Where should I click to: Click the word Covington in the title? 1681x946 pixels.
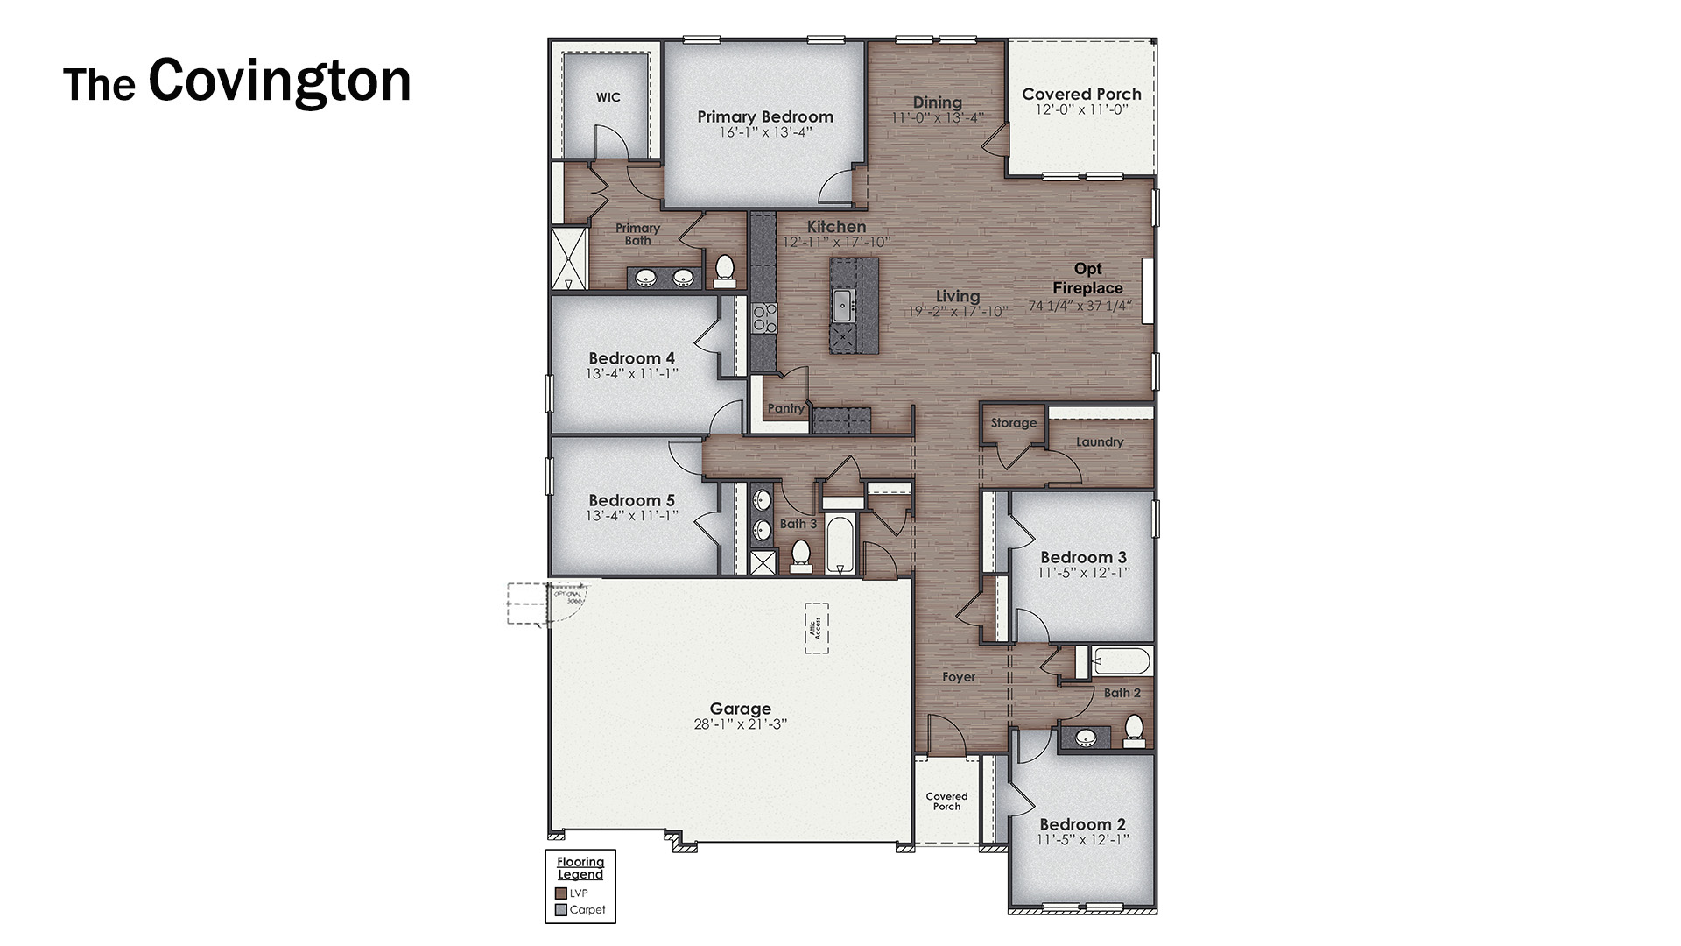point(279,81)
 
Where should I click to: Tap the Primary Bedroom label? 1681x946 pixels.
point(765,116)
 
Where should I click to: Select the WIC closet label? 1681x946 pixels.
point(608,97)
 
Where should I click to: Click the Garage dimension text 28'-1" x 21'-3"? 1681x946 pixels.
point(740,724)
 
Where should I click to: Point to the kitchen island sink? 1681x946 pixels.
point(843,305)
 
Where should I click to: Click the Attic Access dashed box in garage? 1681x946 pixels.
point(817,627)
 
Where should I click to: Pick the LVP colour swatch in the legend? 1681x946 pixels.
point(561,893)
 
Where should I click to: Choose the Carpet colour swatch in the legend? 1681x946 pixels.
point(561,910)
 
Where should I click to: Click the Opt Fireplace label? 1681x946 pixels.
point(1087,279)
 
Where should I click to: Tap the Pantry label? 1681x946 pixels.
point(785,408)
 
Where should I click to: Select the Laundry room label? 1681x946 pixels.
point(1100,442)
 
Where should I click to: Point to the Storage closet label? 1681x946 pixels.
point(1013,423)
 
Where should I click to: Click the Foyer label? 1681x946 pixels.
point(959,677)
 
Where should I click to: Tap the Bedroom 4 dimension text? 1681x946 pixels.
point(631,374)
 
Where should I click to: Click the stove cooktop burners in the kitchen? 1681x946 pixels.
point(764,318)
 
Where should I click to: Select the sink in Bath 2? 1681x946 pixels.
point(1086,738)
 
